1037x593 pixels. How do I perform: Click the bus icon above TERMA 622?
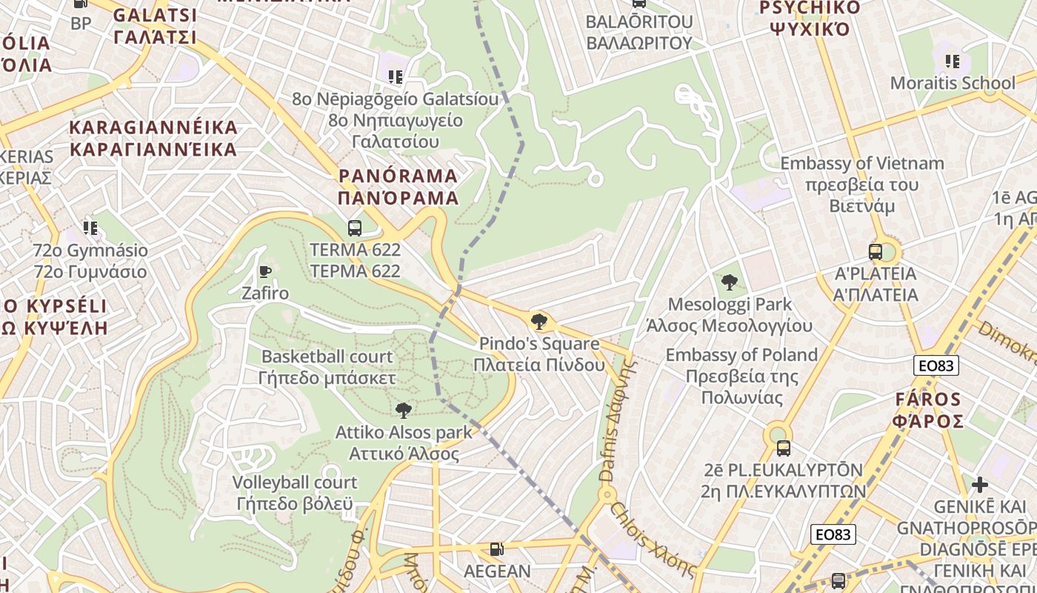click(x=355, y=228)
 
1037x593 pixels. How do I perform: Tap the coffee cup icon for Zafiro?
click(x=265, y=271)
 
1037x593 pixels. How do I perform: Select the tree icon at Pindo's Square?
click(x=539, y=322)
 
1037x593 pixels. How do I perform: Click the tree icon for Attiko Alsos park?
click(x=404, y=410)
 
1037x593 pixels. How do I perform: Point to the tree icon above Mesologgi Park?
click(x=730, y=282)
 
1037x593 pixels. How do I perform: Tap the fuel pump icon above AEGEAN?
click(x=497, y=550)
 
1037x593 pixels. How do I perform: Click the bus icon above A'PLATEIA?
click(x=876, y=252)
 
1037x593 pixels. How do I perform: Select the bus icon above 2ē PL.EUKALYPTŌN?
click(x=783, y=448)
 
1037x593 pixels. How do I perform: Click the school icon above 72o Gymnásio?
click(x=90, y=228)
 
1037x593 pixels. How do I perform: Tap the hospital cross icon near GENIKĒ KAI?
click(x=980, y=486)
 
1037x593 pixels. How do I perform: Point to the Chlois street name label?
click(x=653, y=539)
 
